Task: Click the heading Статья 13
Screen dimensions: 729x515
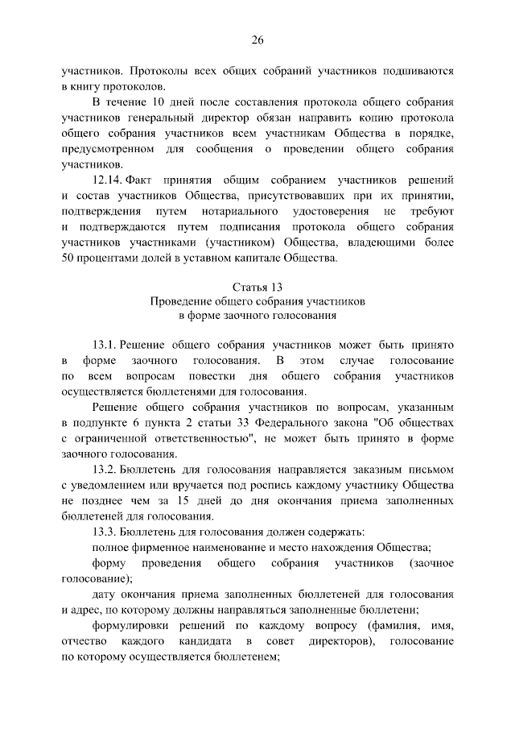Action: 257,287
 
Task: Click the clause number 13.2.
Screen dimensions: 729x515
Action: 106,468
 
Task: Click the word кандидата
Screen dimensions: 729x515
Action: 201,641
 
